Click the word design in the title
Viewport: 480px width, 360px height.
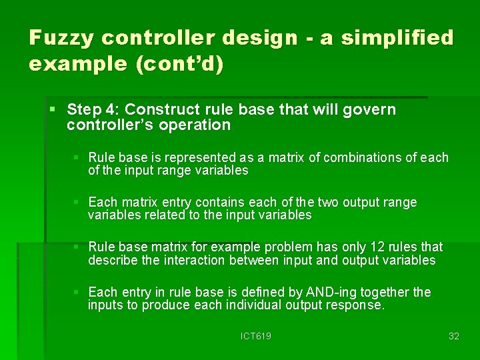[259, 38]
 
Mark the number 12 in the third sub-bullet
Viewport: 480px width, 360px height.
[361, 247]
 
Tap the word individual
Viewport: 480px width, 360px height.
[259, 305]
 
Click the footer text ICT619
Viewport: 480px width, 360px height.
[256, 336]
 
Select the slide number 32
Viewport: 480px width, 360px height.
[454, 336]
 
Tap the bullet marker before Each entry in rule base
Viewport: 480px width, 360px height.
[77, 293]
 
